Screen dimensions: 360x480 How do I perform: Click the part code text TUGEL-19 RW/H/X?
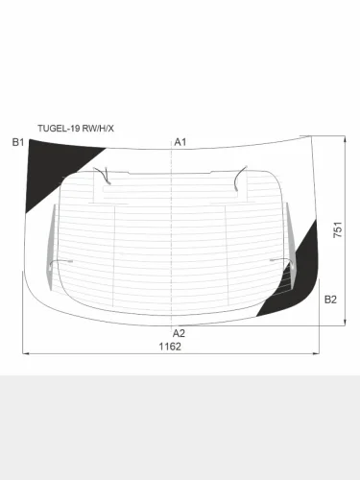pos(76,129)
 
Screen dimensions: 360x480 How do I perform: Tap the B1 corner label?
pos(18,142)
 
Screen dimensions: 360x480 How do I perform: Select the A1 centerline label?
pos(180,142)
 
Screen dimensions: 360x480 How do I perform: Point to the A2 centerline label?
pos(179,333)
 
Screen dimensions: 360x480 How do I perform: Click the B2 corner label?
pos(330,300)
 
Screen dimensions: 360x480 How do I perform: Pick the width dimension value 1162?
pos(170,347)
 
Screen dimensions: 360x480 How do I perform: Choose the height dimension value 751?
pos(338,229)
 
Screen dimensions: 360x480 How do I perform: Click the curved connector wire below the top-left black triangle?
pos(103,176)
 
